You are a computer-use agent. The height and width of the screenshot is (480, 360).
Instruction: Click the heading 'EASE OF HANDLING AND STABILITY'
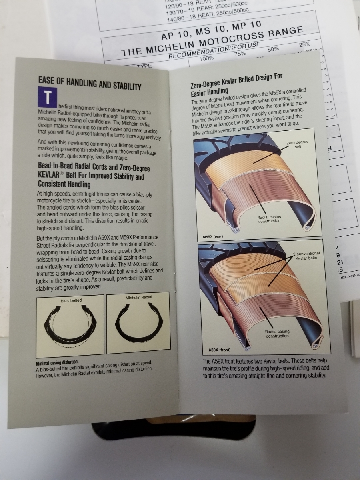coord(90,84)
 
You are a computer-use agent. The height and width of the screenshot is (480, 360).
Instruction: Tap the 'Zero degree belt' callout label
coord(298,144)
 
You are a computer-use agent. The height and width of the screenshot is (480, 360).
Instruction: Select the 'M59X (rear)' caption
coord(213,236)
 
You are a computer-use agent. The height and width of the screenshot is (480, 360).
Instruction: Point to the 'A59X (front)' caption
coord(220,350)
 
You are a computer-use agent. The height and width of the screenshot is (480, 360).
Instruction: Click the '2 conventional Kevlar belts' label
coord(306,256)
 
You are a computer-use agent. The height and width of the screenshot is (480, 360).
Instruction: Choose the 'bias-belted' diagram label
coord(71,301)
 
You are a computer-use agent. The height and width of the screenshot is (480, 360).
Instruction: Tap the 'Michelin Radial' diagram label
coord(138,298)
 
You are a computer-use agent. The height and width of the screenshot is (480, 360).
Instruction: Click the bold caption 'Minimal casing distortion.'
coord(57,363)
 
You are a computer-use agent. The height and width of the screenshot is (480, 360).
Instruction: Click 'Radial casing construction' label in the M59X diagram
coord(269,219)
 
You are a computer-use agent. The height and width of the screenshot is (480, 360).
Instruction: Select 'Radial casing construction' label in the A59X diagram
coord(277,334)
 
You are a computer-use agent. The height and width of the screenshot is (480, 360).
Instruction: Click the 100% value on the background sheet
coord(206,59)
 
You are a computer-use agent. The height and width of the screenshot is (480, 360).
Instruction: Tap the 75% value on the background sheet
coord(240,54)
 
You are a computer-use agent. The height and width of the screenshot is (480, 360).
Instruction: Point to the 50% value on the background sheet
coord(273,49)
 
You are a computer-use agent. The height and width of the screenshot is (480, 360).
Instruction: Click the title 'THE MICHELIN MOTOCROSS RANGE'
coord(212,41)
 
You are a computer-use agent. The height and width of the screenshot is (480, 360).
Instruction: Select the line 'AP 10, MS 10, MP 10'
coord(211,31)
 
